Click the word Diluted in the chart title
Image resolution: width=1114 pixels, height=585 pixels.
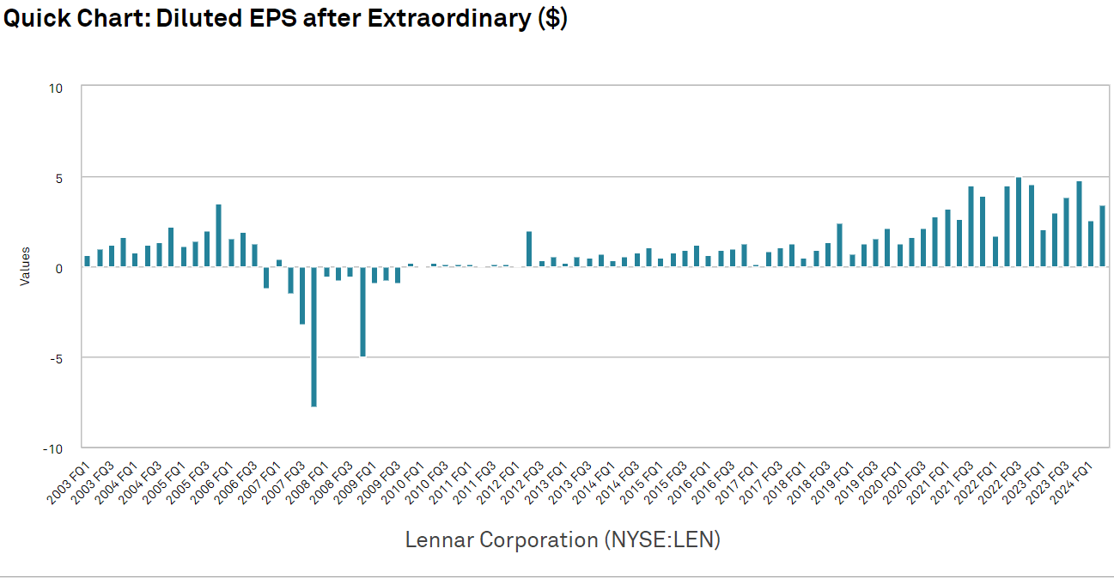(x=193, y=19)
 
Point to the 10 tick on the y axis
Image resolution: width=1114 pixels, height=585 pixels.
(x=57, y=88)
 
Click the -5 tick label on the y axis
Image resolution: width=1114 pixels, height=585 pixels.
(x=57, y=357)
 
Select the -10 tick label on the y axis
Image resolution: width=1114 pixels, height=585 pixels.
(x=54, y=448)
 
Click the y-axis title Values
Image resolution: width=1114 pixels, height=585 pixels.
(x=25, y=266)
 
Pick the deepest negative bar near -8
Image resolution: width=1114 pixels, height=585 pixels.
(x=314, y=336)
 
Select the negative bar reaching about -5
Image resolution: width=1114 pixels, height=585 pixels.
(x=362, y=311)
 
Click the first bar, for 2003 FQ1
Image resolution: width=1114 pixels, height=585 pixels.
(x=87, y=261)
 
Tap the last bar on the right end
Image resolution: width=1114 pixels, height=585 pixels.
(x=1102, y=236)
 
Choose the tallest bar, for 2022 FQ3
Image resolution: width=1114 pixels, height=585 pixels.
(x=1019, y=222)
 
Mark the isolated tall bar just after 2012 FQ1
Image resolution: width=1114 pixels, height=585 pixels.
(x=529, y=249)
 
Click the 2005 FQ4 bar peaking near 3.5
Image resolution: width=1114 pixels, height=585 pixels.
(x=219, y=235)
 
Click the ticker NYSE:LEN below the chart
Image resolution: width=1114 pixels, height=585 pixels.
(x=661, y=540)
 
